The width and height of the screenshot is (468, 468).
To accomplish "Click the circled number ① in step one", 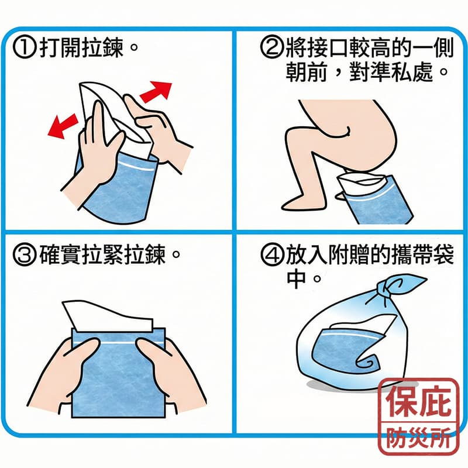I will (26, 49).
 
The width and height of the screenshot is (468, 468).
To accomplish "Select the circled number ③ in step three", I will (26, 256).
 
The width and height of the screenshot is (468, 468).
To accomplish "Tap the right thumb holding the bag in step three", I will (148, 352).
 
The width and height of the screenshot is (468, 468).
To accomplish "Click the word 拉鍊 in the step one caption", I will (104, 49).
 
